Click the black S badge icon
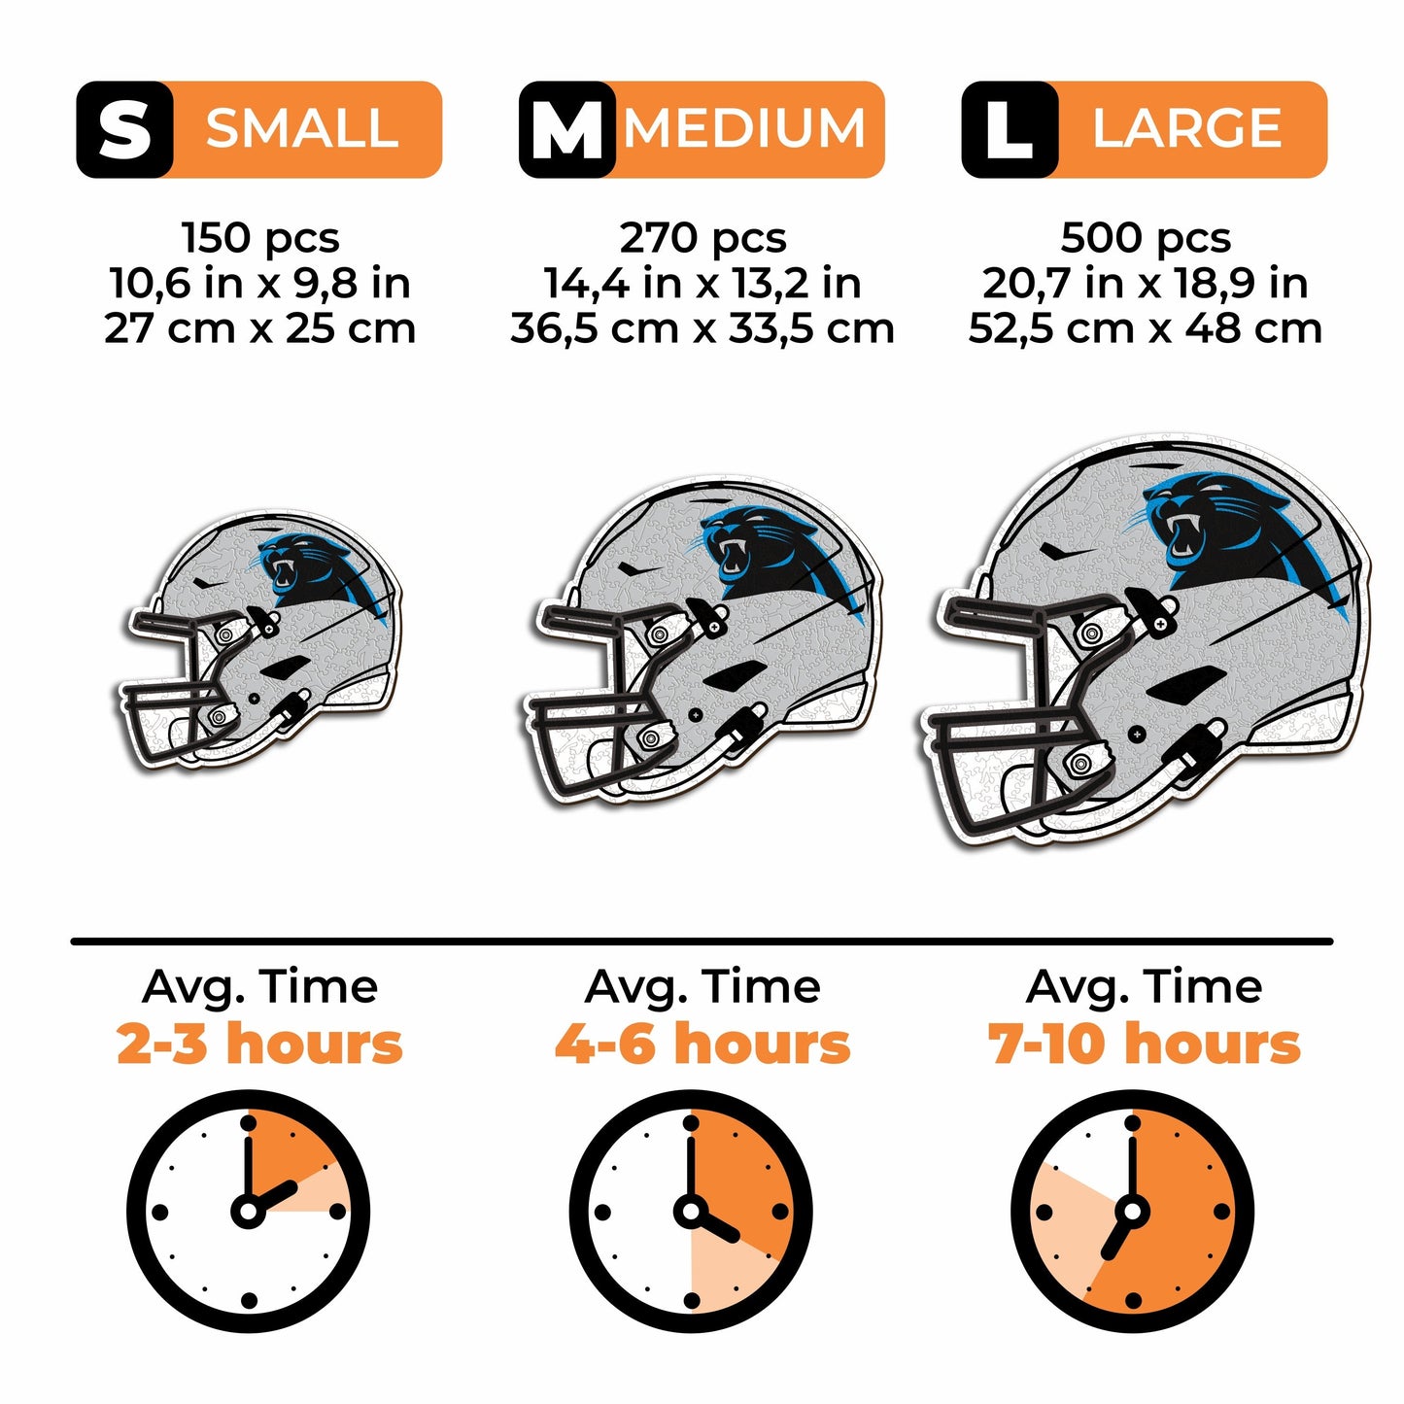pyautogui.click(x=124, y=129)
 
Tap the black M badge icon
pyautogui.click(x=566, y=129)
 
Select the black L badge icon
pyautogui.click(x=1009, y=129)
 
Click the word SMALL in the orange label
pyautogui.click(x=302, y=129)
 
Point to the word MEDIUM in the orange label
pyautogui.click(x=745, y=129)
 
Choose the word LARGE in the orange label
pyautogui.click(x=1187, y=129)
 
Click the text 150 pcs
pyautogui.click(x=260, y=238)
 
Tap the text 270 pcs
pyautogui.click(x=702, y=238)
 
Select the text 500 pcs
pyautogui.click(x=1146, y=238)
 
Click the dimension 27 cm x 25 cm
pyautogui.click(x=260, y=328)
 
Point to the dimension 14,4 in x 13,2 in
pyautogui.click(x=702, y=284)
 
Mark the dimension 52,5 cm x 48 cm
pyautogui.click(x=1146, y=328)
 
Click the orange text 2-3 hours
pyautogui.click(x=259, y=1044)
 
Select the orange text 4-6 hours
pyautogui.click(x=702, y=1044)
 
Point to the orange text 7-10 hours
pyautogui.click(x=1145, y=1044)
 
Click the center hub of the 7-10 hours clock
pyautogui.click(x=1132, y=1212)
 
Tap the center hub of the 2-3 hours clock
pyautogui.click(x=248, y=1212)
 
